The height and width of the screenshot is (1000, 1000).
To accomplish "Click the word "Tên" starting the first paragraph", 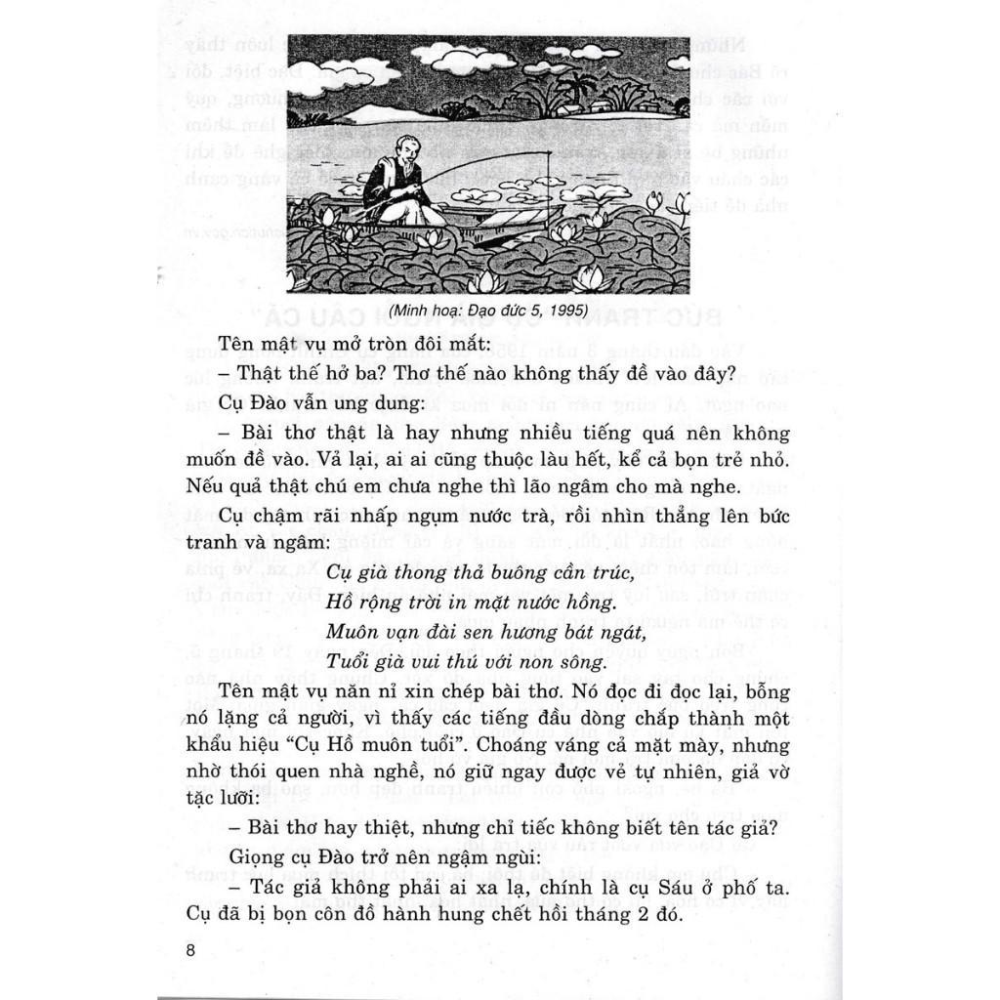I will (x=236, y=345).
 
